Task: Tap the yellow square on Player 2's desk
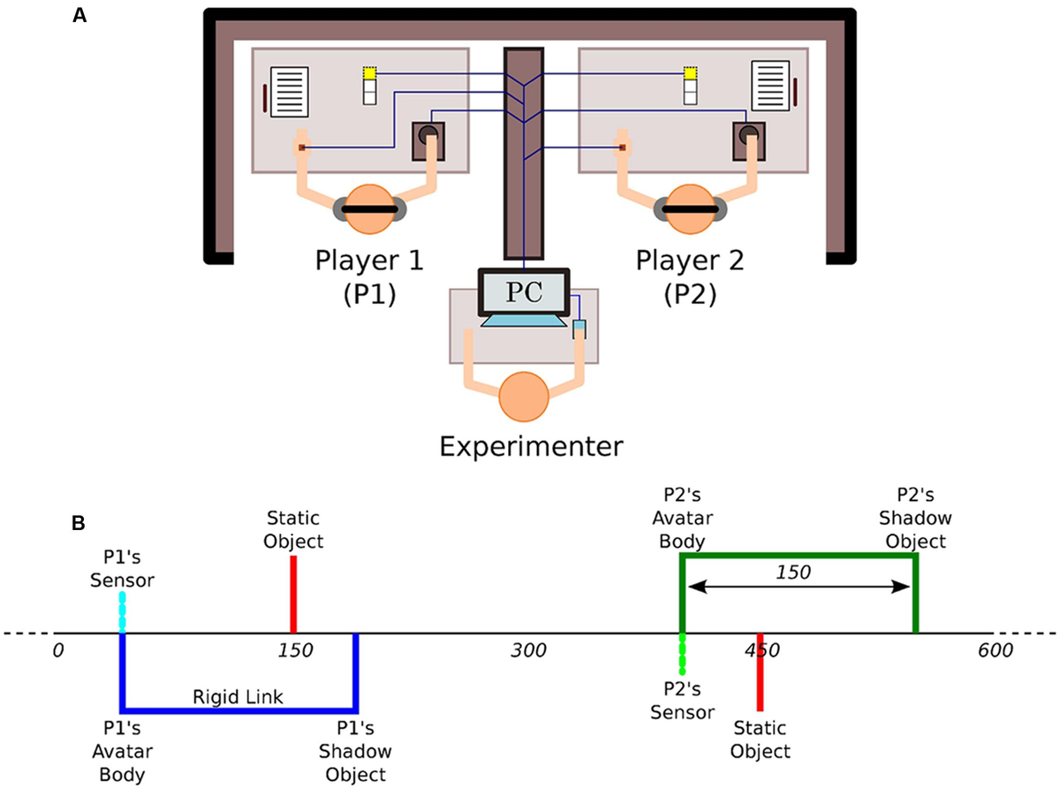pyautogui.click(x=691, y=72)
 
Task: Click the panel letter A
pyautogui.click(x=79, y=15)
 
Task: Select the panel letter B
pyautogui.click(x=79, y=523)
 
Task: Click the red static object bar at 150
pyautogui.click(x=292, y=594)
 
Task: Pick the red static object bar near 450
pyautogui.click(x=760, y=671)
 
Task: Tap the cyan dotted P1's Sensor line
pyautogui.click(x=122, y=612)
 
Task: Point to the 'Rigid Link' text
pyautogui.click(x=238, y=697)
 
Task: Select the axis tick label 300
pyautogui.click(x=527, y=652)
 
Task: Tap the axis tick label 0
pyautogui.click(x=58, y=652)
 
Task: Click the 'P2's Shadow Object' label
pyautogui.click(x=919, y=528)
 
